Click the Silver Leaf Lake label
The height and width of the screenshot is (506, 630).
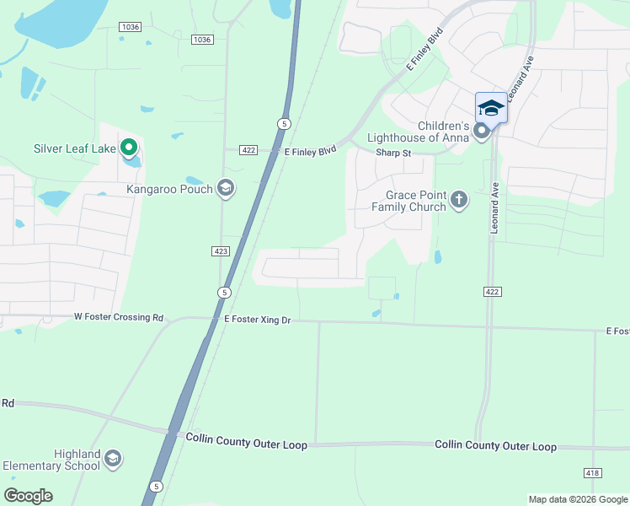point(75,148)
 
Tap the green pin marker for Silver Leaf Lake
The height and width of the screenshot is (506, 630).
point(129,148)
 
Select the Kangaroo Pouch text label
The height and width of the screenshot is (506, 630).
point(169,188)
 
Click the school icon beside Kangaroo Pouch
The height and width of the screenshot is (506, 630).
point(224,187)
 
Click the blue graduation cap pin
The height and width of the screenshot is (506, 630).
point(491,109)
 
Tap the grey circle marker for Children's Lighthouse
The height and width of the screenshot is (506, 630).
point(481,131)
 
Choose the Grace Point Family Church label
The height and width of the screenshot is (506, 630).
point(409,200)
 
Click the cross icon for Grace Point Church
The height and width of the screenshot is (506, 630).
point(458,200)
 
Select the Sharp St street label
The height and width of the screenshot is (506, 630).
point(393,153)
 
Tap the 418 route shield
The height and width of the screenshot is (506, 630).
point(592,473)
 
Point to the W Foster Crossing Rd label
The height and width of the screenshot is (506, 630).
point(119,318)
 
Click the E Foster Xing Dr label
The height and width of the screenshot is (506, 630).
point(257,320)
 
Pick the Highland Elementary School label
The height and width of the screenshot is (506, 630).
point(52,460)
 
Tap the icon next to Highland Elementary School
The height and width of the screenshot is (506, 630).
point(112,460)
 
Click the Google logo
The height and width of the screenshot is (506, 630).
point(29,495)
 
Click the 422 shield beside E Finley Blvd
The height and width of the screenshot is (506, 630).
point(248,149)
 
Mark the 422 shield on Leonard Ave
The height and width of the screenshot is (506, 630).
point(493,291)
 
